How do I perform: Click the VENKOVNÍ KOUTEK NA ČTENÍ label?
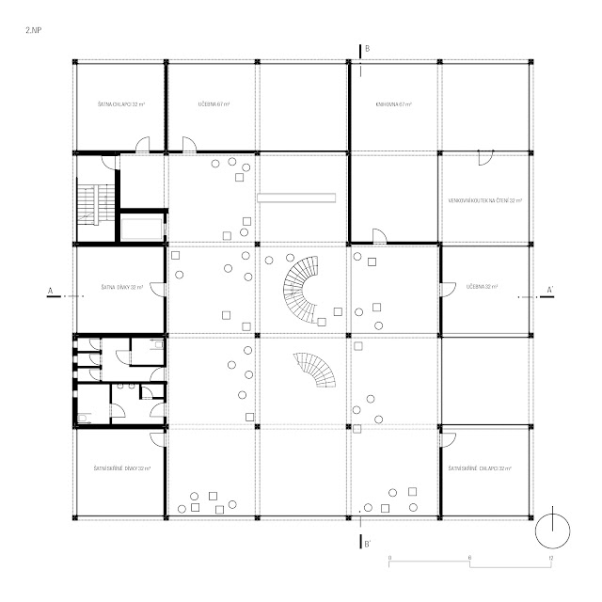click(x=485, y=201)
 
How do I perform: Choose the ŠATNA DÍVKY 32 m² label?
click(x=119, y=287)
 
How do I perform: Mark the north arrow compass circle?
click(x=552, y=531)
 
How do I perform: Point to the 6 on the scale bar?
click(x=468, y=558)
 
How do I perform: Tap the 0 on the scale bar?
click(x=389, y=558)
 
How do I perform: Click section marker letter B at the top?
click(x=368, y=48)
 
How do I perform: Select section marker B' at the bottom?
click(x=368, y=543)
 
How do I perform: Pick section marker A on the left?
click(x=49, y=291)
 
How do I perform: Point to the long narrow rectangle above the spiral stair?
click(x=296, y=197)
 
